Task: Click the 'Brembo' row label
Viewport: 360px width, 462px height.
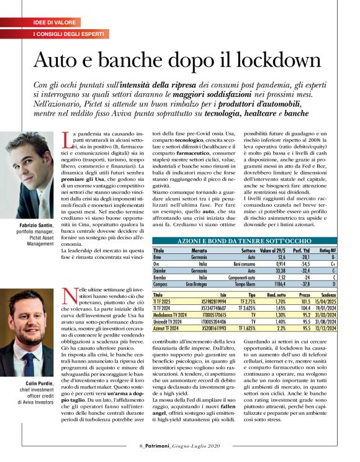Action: (160, 276)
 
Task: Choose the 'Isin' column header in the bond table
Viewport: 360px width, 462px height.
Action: (206, 295)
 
